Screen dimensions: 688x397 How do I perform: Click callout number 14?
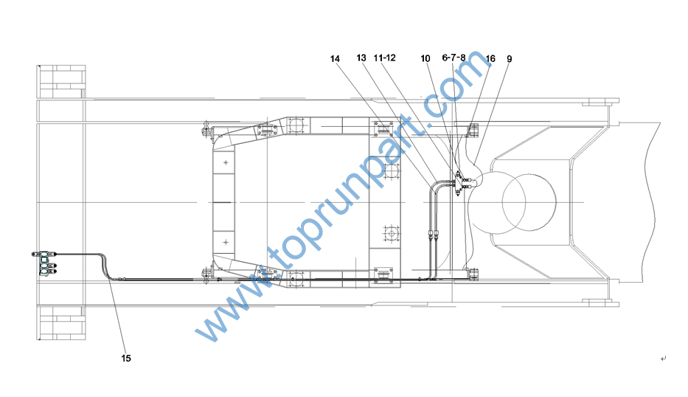tap(335, 59)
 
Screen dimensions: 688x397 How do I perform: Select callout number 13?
tap(361, 58)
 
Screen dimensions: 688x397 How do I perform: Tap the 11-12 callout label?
tap(384, 58)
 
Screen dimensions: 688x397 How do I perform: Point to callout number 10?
tap(425, 58)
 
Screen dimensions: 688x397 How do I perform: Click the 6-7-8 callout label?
tap(454, 58)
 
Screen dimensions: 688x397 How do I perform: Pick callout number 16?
tap(490, 58)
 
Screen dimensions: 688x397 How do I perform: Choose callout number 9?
tap(509, 59)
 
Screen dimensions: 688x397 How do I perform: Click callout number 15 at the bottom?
tap(126, 359)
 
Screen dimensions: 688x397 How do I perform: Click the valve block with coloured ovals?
tap(44, 263)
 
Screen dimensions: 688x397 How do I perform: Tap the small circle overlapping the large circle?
tap(514, 202)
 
